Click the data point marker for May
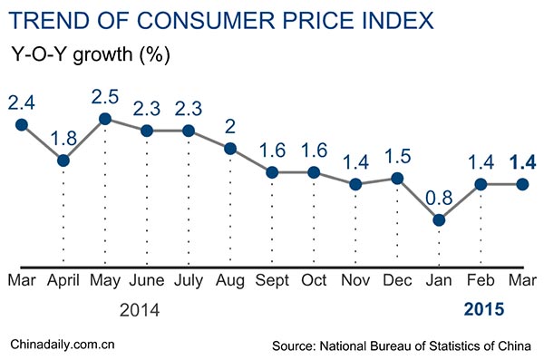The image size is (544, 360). coord(105,119)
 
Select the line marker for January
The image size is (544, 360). coord(439,219)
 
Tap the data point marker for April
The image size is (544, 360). coord(63,161)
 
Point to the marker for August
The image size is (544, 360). coord(230,149)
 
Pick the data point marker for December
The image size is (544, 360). coord(397,178)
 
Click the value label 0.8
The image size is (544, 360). coord(439,197)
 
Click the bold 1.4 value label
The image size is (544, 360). coord(522,162)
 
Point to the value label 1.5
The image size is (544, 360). coord(397,155)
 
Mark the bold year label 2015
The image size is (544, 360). coord(482,310)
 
